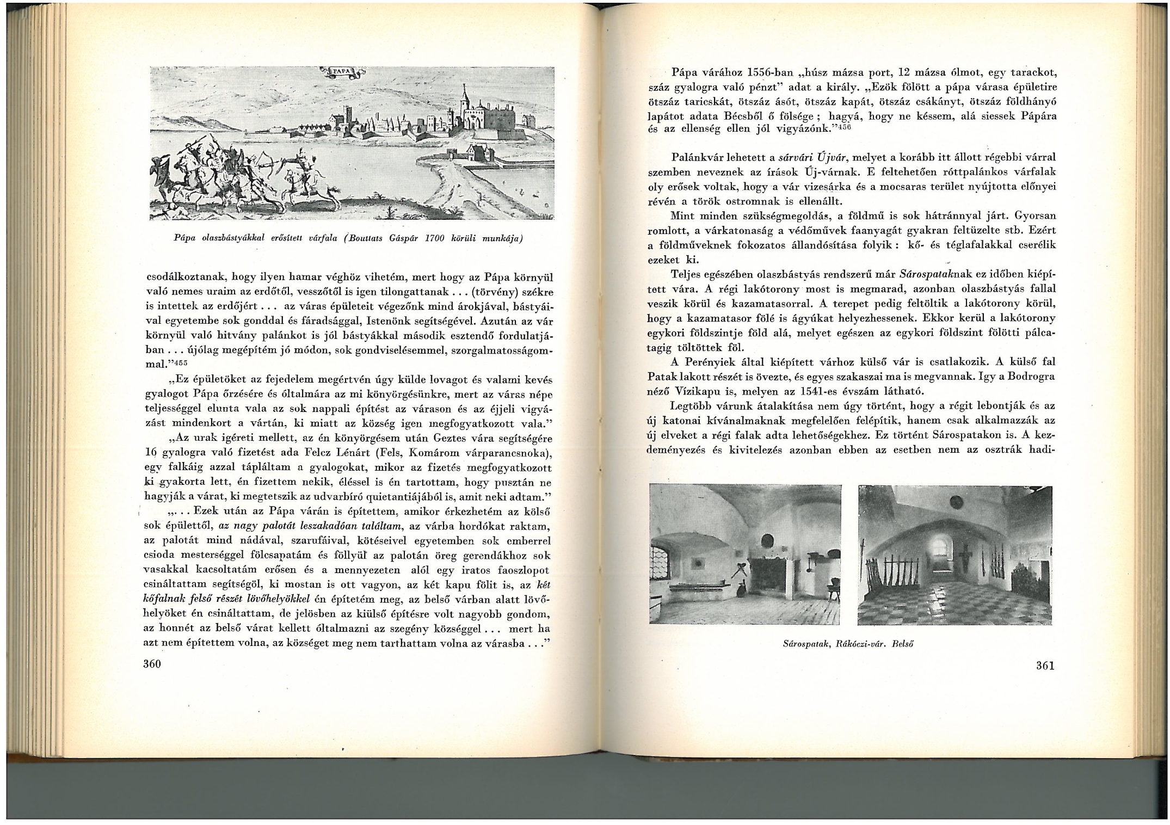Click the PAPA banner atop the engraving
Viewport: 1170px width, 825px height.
pyautogui.click(x=342, y=71)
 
